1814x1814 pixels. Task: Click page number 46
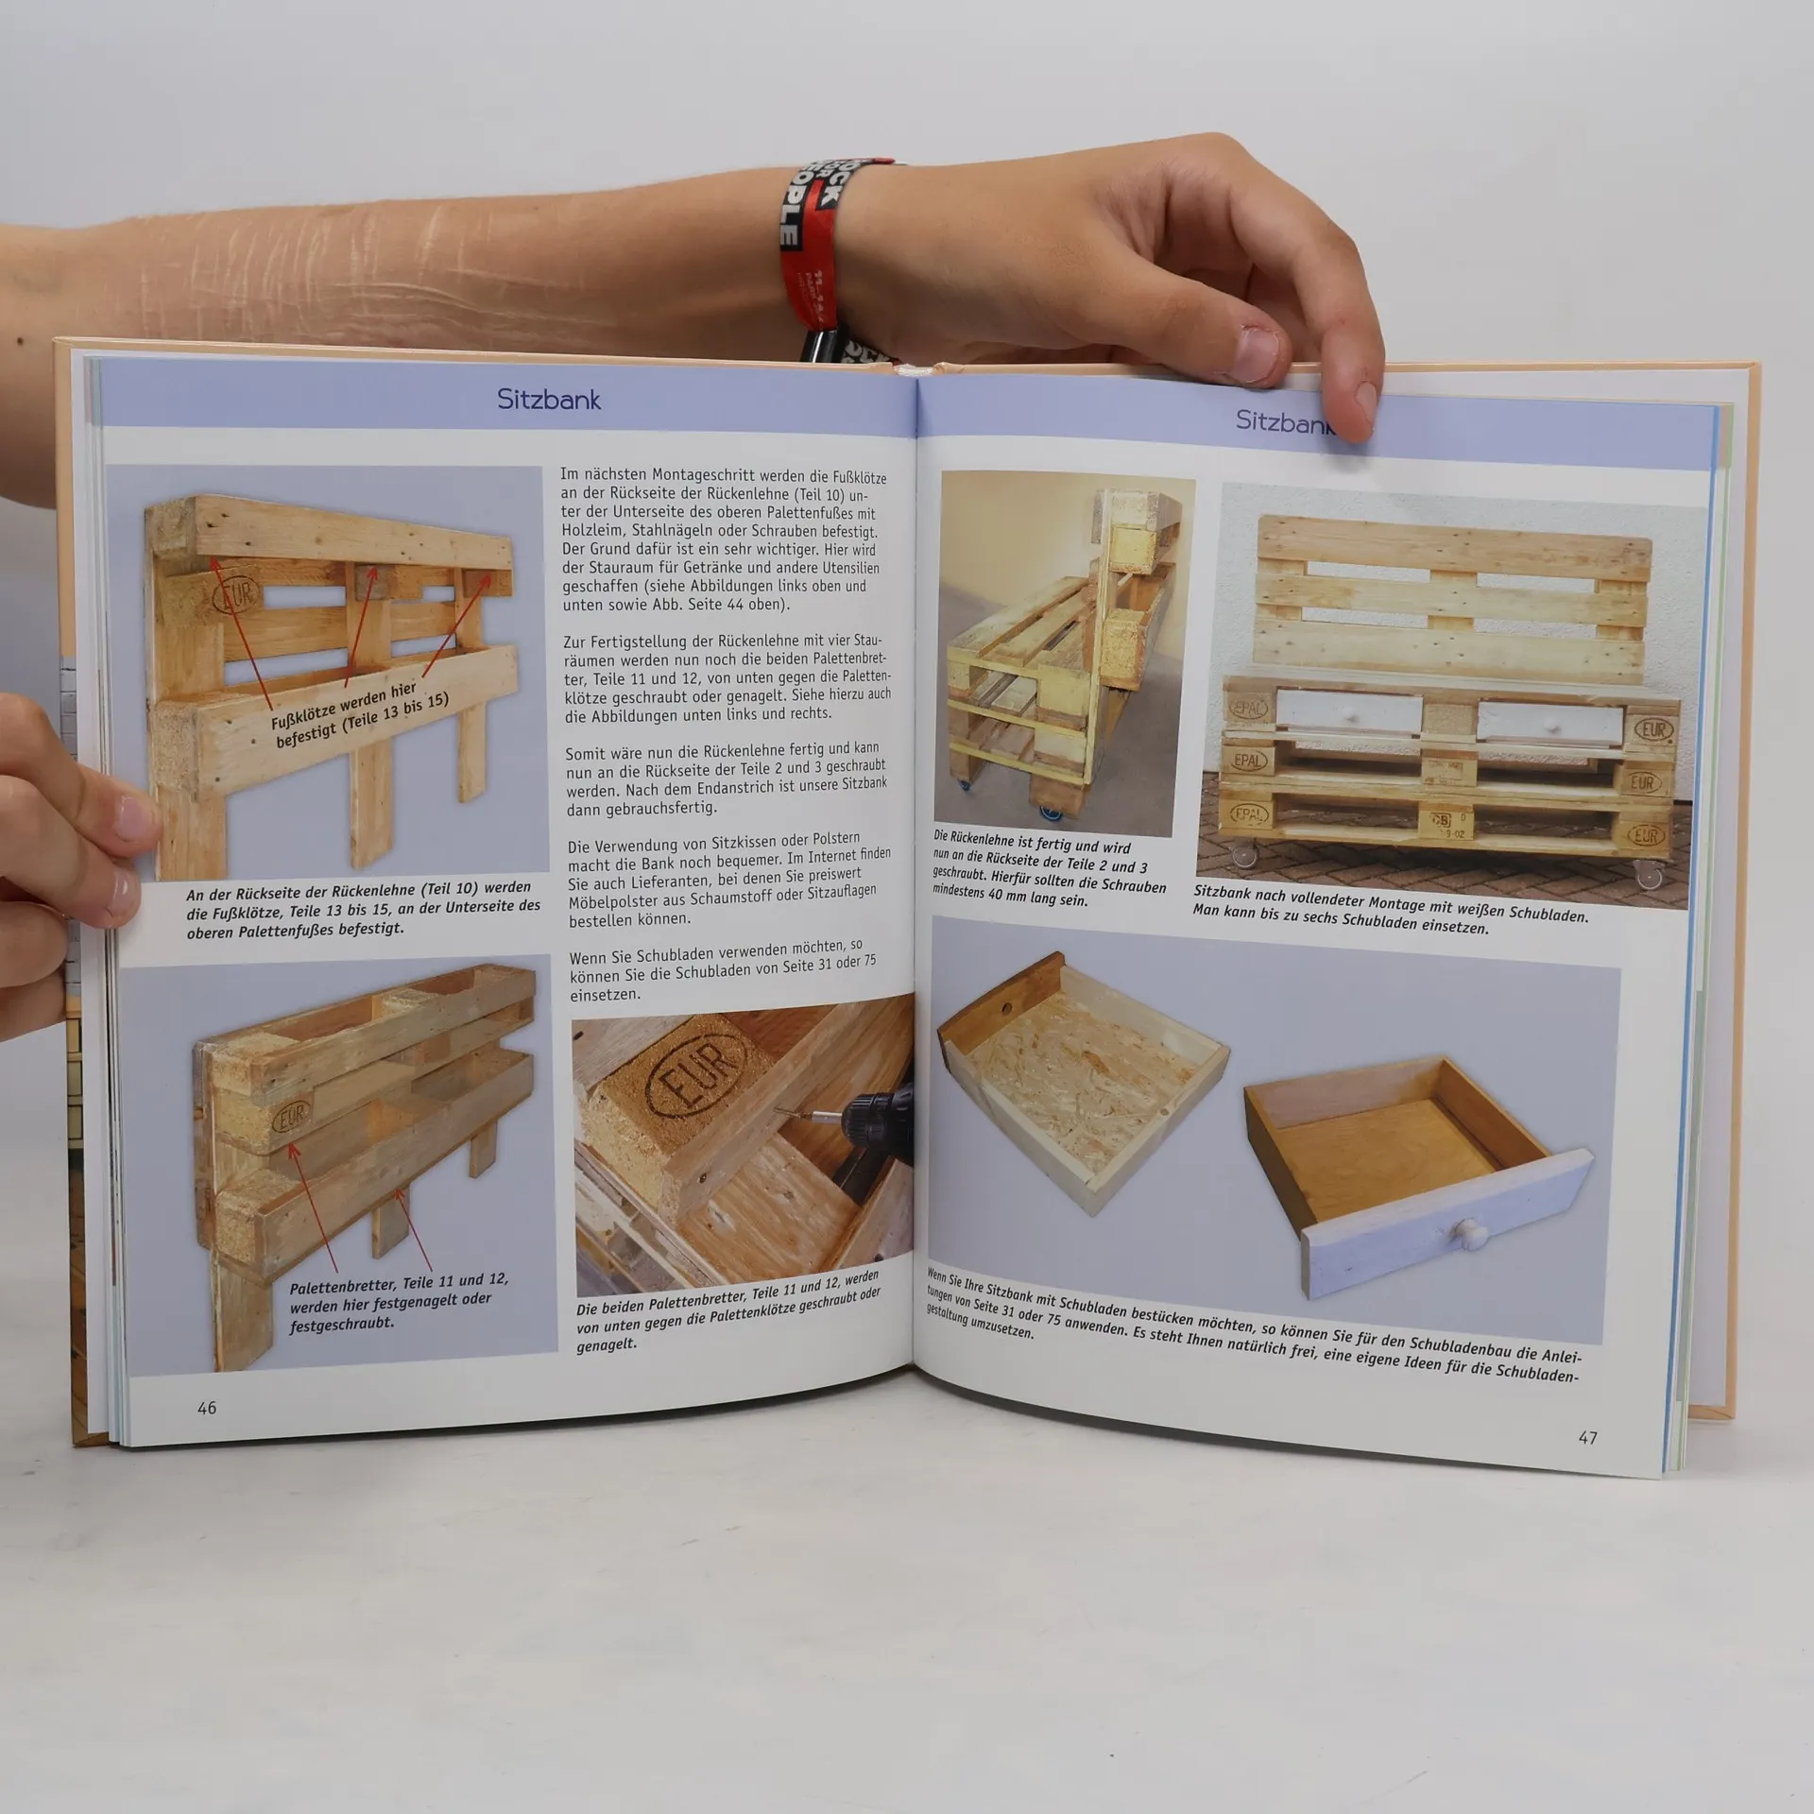pyautogui.click(x=207, y=1408)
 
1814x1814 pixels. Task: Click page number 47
pyautogui.click(x=1588, y=1438)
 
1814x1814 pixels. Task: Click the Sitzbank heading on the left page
pyautogui.click(x=549, y=400)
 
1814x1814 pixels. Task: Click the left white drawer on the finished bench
pyautogui.click(x=1348, y=711)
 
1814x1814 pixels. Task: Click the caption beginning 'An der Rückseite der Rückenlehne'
pyautogui.click(x=363, y=908)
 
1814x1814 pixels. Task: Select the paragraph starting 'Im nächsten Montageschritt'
pyautogui.click(x=724, y=540)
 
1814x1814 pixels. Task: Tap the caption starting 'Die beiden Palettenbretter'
pyautogui.click(x=727, y=1310)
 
